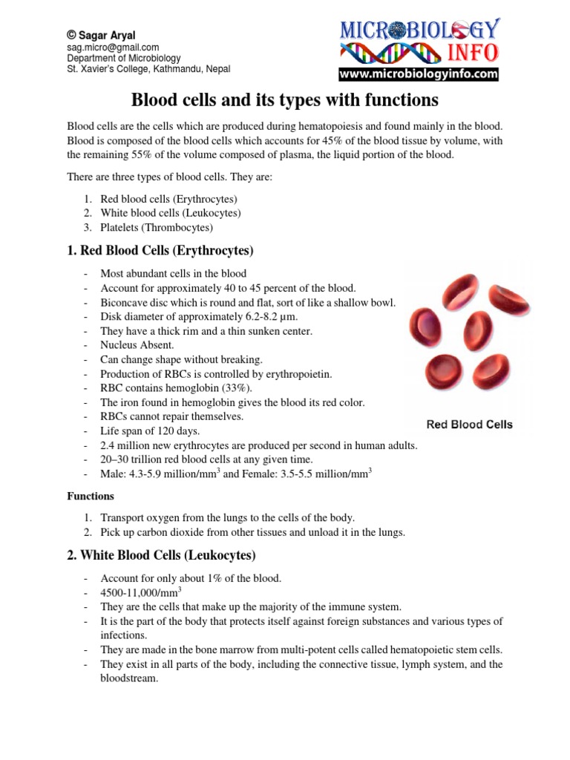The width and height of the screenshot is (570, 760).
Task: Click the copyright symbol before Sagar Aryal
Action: pyautogui.click(x=72, y=34)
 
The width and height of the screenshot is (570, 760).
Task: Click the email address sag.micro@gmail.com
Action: pyautogui.click(x=113, y=47)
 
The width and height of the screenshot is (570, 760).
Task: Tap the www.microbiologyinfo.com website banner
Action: pyautogui.click(x=419, y=74)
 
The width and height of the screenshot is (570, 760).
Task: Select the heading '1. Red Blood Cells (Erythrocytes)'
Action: pyautogui.click(x=160, y=250)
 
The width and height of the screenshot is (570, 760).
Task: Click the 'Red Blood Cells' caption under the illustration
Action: pyautogui.click(x=469, y=425)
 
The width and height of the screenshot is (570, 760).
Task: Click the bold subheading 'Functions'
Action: pyautogui.click(x=91, y=496)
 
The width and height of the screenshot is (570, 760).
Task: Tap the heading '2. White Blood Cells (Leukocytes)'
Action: pyautogui.click(x=161, y=555)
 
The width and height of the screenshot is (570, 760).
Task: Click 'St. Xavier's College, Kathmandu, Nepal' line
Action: pyautogui.click(x=148, y=69)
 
